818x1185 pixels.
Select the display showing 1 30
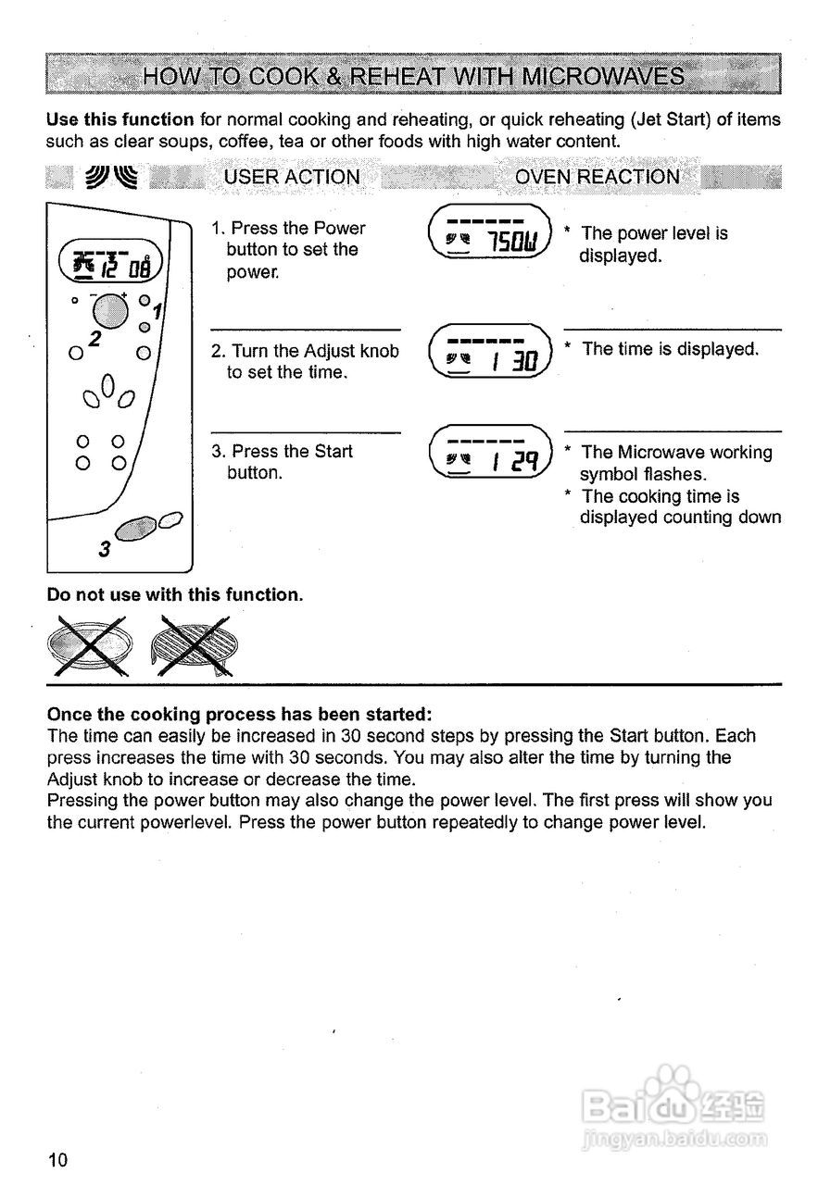(490, 353)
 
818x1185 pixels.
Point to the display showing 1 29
(490, 455)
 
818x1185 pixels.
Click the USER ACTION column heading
(292, 177)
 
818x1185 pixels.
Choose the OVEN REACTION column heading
(597, 177)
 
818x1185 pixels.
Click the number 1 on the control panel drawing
(157, 312)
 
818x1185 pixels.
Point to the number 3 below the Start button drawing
(104, 549)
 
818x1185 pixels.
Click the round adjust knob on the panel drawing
(109, 310)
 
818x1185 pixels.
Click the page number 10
(57, 1161)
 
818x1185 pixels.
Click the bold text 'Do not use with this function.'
(175, 595)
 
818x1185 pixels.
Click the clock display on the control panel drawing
(111, 262)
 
